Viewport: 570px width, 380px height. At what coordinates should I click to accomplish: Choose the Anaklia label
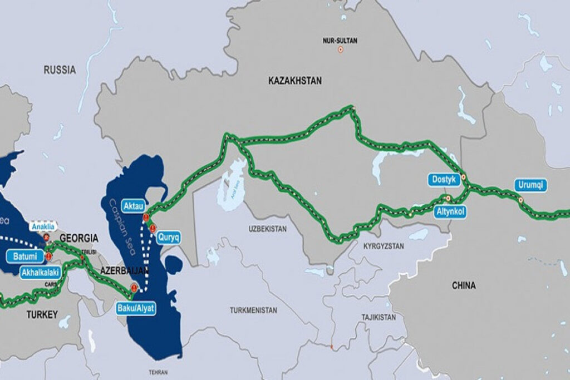(x=42, y=227)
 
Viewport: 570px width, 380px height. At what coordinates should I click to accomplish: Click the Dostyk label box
(x=445, y=180)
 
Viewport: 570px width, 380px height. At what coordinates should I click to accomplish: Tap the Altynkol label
(x=449, y=211)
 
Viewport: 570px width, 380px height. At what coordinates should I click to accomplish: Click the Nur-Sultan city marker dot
(x=340, y=50)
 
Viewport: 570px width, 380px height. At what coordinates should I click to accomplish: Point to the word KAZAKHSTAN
(x=294, y=81)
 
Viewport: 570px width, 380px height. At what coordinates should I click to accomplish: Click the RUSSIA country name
(x=60, y=70)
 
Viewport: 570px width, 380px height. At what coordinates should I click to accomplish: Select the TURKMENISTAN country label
(x=253, y=310)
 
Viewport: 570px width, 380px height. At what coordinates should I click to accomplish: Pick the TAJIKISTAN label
(x=377, y=317)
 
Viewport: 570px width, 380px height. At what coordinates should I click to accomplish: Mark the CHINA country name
(x=463, y=286)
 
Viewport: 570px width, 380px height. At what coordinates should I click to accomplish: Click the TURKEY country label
(x=42, y=315)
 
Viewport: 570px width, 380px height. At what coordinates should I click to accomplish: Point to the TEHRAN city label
(x=159, y=372)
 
